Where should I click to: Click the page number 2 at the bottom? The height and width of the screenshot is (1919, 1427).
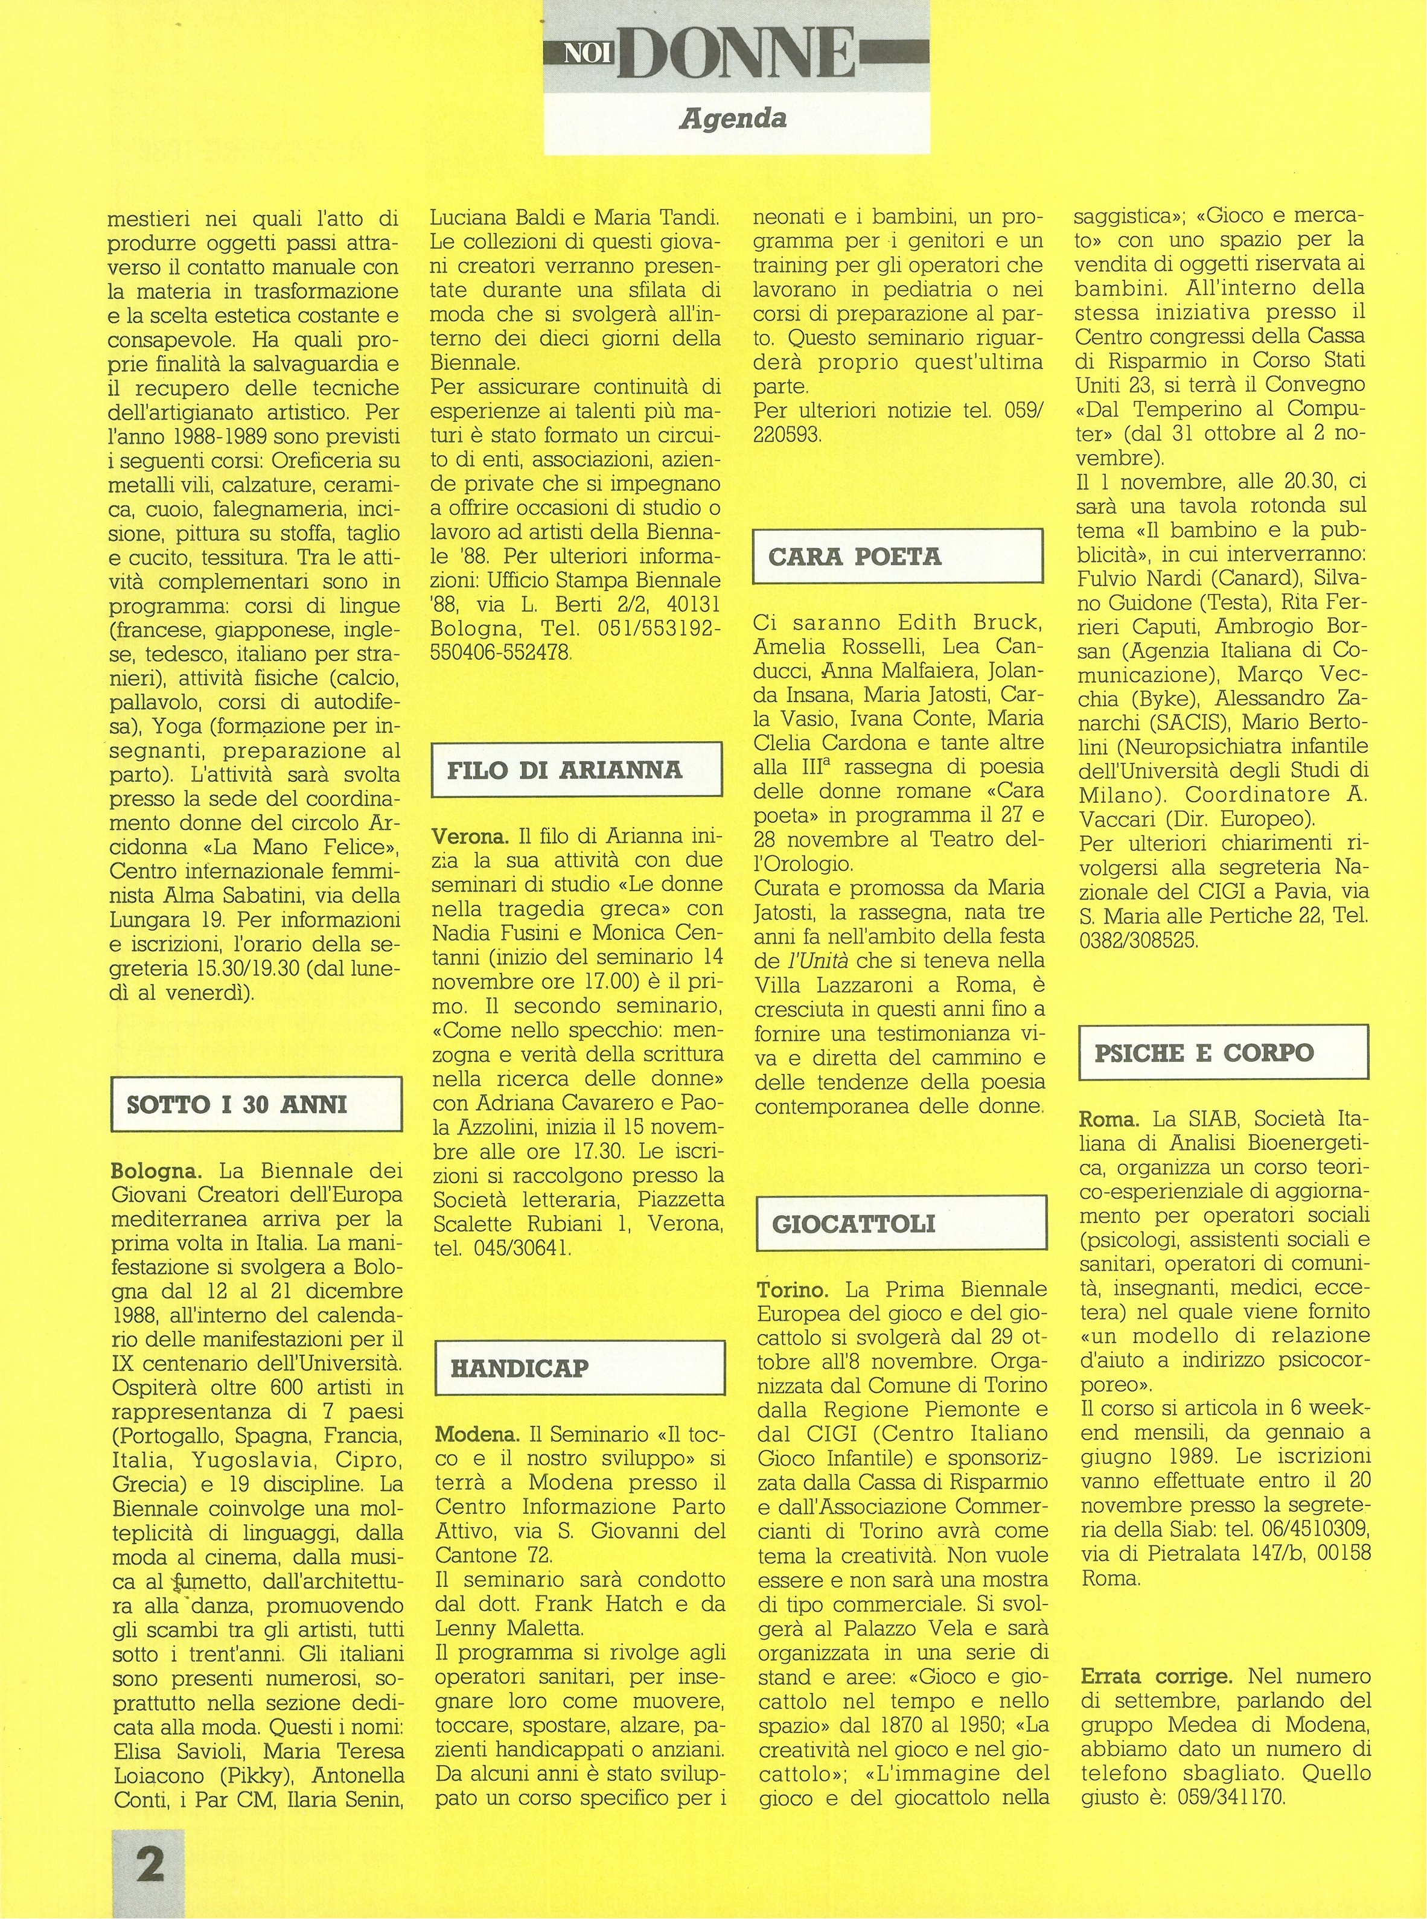[150, 1863]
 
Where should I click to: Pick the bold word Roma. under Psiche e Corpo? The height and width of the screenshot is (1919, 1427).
[1109, 1119]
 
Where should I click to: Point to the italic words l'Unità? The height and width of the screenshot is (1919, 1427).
[825, 960]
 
